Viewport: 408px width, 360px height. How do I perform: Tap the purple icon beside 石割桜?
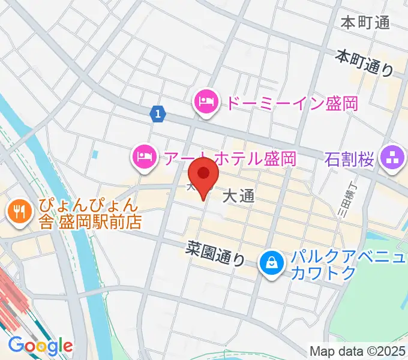pyautogui.click(x=394, y=159)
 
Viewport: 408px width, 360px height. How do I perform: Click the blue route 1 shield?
pyautogui.click(x=157, y=113)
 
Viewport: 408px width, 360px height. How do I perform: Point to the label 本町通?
pyautogui.click(x=365, y=23)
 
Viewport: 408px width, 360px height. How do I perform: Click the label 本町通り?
pyautogui.click(x=364, y=62)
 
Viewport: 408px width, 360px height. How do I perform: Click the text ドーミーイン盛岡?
pyautogui.click(x=291, y=103)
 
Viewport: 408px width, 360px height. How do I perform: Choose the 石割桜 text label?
pyautogui.click(x=350, y=160)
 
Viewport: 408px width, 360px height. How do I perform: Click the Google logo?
pyautogui.click(x=40, y=345)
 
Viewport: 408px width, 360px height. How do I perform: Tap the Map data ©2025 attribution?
pyautogui.click(x=358, y=350)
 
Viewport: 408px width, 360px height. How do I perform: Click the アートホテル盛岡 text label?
pyautogui.click(x=229, y=158)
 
